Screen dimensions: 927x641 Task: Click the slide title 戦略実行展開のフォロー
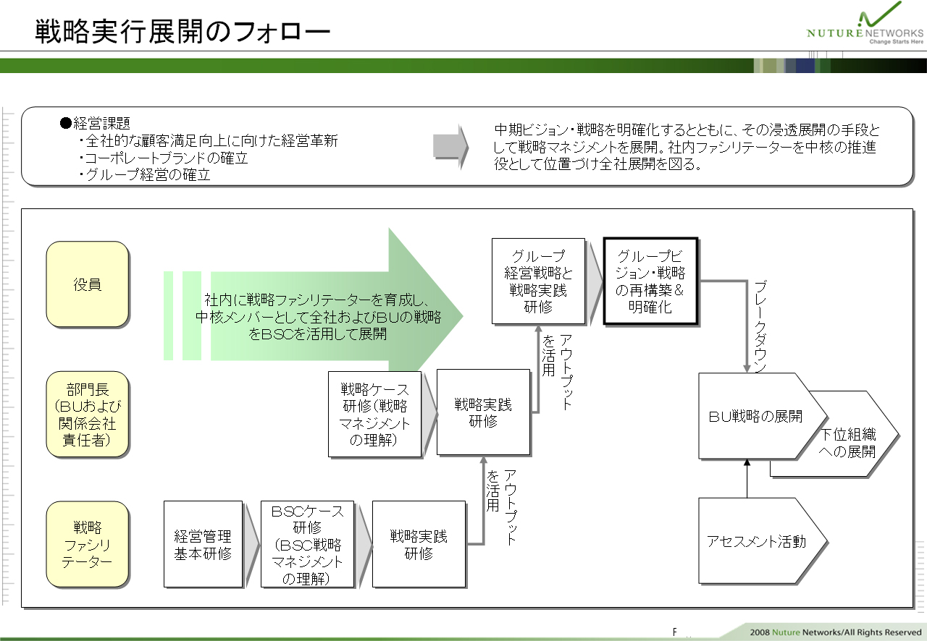tap(183, 31)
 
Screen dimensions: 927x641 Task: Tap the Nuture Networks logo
tap(865, 24)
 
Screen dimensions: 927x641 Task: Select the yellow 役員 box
tap(88, 284)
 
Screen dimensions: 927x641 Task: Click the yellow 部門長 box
tap(88, 415)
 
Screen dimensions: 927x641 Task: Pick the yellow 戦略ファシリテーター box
tap(88, 544)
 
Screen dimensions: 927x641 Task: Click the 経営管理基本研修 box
tap(203, 544)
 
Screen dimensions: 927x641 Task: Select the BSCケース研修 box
tap(307, 544)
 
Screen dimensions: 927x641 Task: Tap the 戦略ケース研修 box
tap(374, 414)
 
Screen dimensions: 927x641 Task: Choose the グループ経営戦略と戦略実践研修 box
tap(538, 281)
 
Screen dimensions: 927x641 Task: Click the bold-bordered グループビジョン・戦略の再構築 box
tap(650, 281)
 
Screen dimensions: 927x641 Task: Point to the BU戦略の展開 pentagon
tap(761, 416)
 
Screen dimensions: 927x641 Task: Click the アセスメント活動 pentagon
tap(761, 541)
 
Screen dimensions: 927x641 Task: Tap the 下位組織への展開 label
tap(848, 443)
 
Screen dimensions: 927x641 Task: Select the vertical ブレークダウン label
tap(760, 327)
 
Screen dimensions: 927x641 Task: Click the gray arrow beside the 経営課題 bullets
tap(450, 146)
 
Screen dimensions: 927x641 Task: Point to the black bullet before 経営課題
tap(66, 123)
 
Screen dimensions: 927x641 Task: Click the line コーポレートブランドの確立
tap(164, 158)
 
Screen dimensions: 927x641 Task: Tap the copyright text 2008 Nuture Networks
tap(836, 632)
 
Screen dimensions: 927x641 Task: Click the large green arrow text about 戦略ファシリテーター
tap(318, 317)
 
